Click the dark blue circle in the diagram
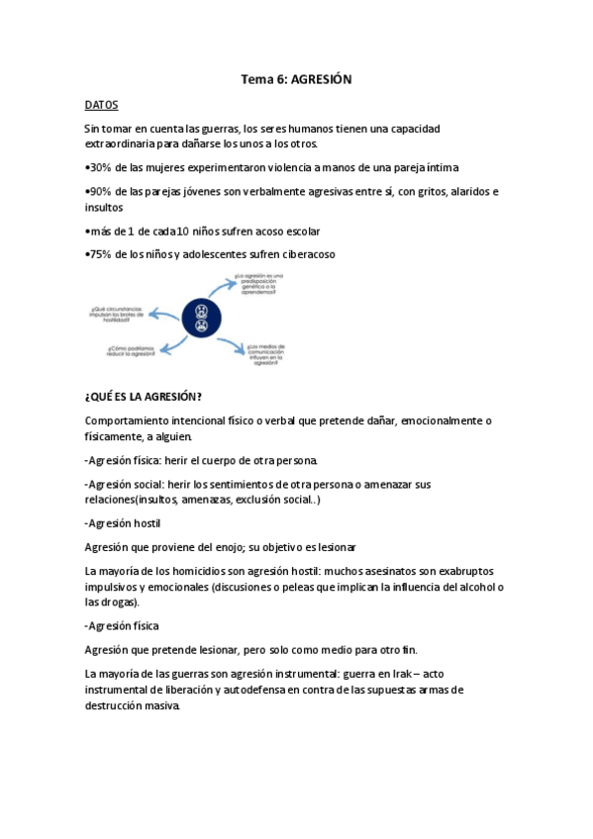click(202, 316)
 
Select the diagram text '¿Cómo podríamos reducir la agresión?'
click(131, 350)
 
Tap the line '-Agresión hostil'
click(123, 522)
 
